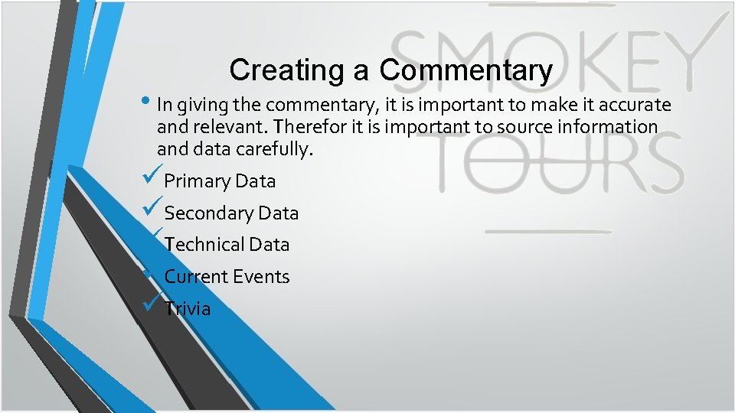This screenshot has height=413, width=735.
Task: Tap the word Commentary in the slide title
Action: click(465, 70)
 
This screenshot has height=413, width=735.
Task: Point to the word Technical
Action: click(204, 245)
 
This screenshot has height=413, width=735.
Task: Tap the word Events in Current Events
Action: click(262, 277)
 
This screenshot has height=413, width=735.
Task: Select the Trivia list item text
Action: click(188, 309)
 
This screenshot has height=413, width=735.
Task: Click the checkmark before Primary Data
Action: click(152, 179)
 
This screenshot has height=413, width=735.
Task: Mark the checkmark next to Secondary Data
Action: click(152, 210)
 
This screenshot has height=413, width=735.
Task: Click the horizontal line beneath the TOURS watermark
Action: click(549, 231)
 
